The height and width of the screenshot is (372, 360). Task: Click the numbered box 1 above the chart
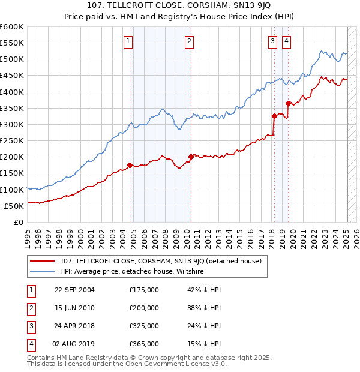coord(129,41)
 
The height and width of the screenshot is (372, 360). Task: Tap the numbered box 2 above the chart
coord(190,41)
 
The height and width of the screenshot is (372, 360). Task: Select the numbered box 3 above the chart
coord(272,41)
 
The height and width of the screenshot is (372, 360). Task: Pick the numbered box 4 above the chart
coord(286,41)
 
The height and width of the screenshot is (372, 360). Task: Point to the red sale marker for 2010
coord(191,157)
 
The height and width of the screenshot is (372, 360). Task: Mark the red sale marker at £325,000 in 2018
coord(274,116)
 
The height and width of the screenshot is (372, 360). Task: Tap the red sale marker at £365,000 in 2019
coord(288,103)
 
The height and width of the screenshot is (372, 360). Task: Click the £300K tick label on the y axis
coord(12,124)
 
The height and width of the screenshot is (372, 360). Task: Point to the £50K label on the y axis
coord(14,206)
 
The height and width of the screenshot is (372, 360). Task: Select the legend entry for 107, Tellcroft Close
coord(160,262)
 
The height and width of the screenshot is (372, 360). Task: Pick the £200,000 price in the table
coord(144,308)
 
